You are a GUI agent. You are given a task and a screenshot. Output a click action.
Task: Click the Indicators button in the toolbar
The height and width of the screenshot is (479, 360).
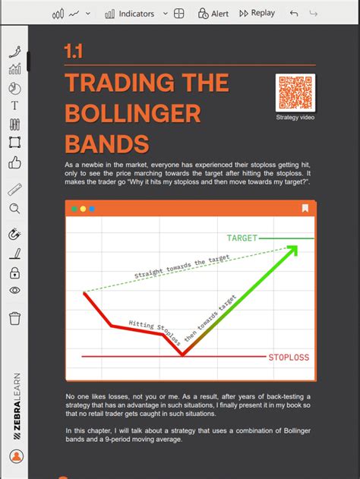(x=130, y=14)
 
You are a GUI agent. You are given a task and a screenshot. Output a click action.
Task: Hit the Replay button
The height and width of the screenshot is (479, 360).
(x=257, y=14)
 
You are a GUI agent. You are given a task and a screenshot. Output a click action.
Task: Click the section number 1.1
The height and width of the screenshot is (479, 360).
(x=74, y=52)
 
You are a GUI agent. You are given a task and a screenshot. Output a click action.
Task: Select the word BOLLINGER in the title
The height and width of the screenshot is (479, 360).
(x=133, y=113)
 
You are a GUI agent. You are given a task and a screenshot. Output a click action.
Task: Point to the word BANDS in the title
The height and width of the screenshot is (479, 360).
(x=106, y=143)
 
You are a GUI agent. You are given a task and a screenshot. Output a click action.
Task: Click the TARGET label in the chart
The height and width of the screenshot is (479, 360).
(x=242, y=238)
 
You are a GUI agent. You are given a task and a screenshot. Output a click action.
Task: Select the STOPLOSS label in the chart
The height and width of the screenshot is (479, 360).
(x=289, y=357)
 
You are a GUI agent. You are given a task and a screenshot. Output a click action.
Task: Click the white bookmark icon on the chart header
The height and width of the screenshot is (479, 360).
(x=305, y=208)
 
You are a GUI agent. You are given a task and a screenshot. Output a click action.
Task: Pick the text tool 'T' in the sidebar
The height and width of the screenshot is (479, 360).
(x=15, y=106)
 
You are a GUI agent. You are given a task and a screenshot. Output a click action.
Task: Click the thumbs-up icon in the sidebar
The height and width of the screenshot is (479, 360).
(x=15, y=162)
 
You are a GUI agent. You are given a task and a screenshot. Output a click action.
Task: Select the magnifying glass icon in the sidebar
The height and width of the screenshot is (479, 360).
(x=15, y=209)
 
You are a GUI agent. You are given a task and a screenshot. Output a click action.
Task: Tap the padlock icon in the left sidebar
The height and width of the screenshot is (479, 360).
(x=15, y=273)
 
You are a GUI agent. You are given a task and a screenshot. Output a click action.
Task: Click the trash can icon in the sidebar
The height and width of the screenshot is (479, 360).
(x=15, y=318)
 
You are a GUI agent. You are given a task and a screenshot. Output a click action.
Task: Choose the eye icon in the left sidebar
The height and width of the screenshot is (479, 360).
(x=15, y=290)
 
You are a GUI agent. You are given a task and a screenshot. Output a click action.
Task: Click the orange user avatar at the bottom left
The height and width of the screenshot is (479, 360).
(x=17, y=456)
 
